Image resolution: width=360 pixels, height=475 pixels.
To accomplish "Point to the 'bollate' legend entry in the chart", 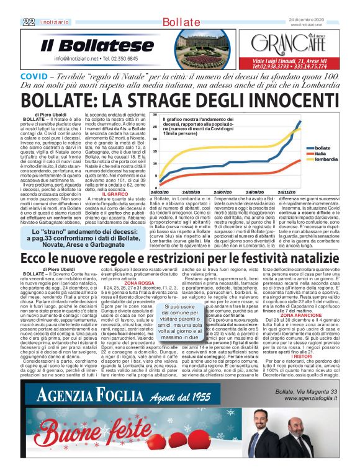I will point(323,148).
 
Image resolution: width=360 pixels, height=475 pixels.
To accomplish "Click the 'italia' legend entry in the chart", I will point(321,154).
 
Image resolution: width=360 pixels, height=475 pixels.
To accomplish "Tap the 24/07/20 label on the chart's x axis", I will point(229,192).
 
